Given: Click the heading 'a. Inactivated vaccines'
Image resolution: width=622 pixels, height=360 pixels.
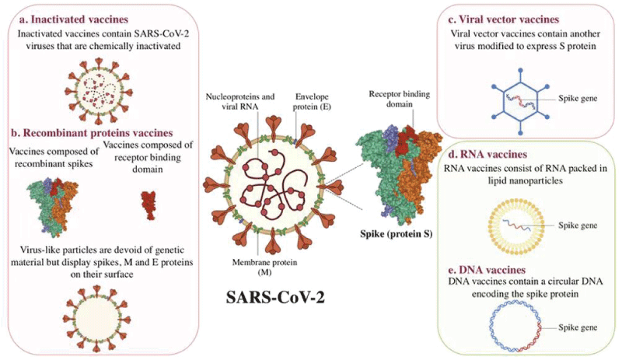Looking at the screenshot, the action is point(74,19).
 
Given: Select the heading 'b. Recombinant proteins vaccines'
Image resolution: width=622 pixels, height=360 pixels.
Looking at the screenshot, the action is point(92,132).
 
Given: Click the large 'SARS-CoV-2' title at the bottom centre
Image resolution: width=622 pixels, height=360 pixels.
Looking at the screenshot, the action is point(275,297).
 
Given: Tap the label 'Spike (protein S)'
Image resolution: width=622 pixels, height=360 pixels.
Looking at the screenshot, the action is point(397,234).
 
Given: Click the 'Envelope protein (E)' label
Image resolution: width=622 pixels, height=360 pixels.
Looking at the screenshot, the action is point(312,102).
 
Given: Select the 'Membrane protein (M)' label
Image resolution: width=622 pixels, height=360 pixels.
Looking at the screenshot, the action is point(264,267).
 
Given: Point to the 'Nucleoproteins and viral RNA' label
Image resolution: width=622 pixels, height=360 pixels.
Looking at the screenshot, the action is point(240,102).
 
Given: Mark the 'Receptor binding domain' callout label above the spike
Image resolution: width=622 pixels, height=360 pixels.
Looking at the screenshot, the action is point(400,99).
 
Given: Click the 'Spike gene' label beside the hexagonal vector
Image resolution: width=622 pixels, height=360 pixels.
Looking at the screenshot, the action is point(578,98).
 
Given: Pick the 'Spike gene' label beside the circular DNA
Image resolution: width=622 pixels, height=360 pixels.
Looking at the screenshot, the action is point(578,327).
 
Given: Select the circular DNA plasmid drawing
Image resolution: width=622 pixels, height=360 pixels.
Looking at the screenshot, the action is point(492,328).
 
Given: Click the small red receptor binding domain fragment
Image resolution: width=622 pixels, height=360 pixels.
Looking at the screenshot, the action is point(149,205).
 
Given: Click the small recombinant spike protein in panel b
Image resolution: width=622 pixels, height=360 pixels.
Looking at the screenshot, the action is point(52,206).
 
